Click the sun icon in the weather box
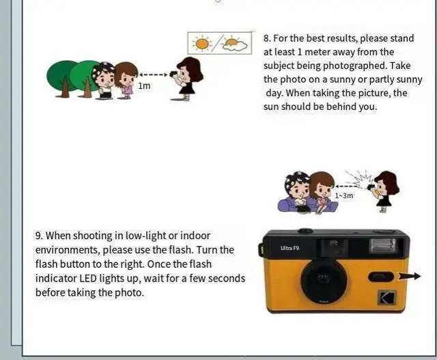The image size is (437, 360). [202, 44]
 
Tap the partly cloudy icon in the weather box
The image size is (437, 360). [234, 44]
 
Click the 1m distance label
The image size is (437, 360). [144, 86]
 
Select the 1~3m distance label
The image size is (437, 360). [343, 195]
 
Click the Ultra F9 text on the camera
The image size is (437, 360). [290, 248]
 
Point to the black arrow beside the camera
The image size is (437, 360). [410, 276]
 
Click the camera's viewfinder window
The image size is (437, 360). [335, 247]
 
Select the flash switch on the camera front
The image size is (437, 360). [380, 277]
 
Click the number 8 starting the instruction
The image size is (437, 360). [267, 38]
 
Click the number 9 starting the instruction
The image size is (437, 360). [39, 236]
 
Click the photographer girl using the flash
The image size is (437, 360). [385, 189]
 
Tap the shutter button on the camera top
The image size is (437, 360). [305, 231]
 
